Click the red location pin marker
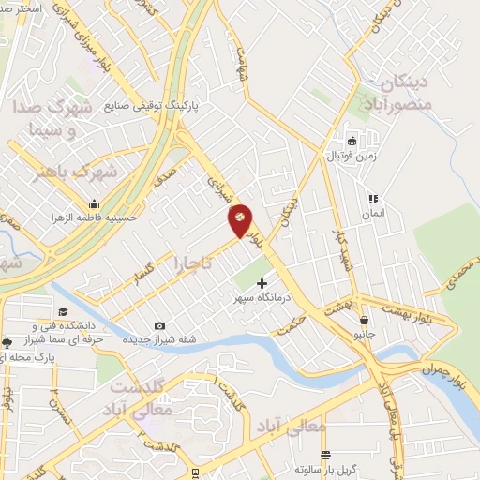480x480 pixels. (240, 219)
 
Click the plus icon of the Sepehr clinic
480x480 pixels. (262, 282)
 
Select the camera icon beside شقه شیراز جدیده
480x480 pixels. (158, 325)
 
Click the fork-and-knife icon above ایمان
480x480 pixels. (372, 199)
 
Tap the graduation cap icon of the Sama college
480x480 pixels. (63, 312)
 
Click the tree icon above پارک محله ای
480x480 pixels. (7, 343)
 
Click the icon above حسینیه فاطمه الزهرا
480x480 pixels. (94, 203)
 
